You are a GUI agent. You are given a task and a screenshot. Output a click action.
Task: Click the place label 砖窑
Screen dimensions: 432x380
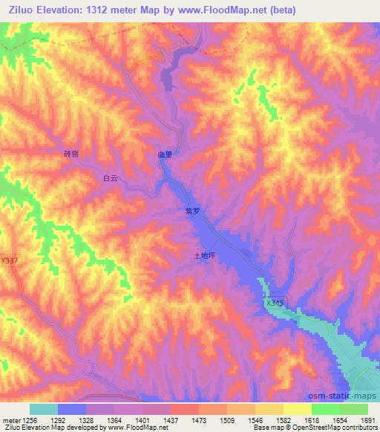point(71,154)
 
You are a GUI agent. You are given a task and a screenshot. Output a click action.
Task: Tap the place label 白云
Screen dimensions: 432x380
point(110,177)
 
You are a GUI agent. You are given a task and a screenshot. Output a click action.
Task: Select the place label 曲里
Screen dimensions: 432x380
point(165,155)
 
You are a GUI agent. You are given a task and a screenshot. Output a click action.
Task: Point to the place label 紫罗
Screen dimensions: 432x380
point(192,211)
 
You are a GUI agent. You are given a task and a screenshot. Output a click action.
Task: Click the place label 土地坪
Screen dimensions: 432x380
point(204,255)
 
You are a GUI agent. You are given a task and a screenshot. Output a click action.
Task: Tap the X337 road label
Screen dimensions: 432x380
point(10,261)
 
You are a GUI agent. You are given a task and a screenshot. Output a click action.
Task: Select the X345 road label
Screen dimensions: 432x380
point(275,304)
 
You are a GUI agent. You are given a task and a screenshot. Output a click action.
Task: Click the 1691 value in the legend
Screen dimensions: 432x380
point(367,419)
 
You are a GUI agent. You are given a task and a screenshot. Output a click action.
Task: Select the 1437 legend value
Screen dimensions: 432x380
point(171,419)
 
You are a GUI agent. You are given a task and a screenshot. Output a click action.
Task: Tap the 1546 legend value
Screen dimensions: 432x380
point(255,419)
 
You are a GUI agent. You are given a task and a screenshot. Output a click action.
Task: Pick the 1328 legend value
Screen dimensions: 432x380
point(87,419)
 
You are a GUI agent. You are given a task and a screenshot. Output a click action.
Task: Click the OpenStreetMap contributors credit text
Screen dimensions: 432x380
point(342,428)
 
